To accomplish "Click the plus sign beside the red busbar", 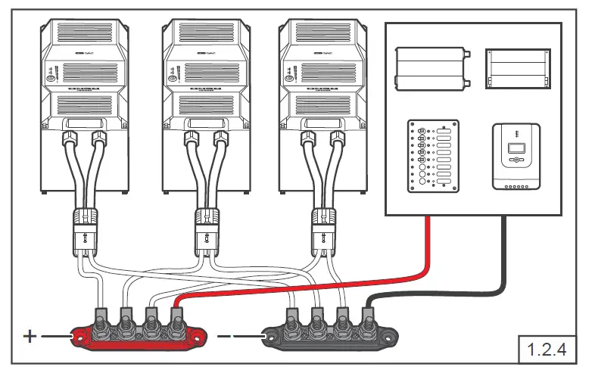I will pyautogui.click(x=30, y=336).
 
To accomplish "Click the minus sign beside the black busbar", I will pyautogui.click(x=224, y=336).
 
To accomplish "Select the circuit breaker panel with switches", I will pyautogui.click(x=433, y=155).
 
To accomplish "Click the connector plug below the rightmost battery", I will pyautogui.click(x=323, y=230).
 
